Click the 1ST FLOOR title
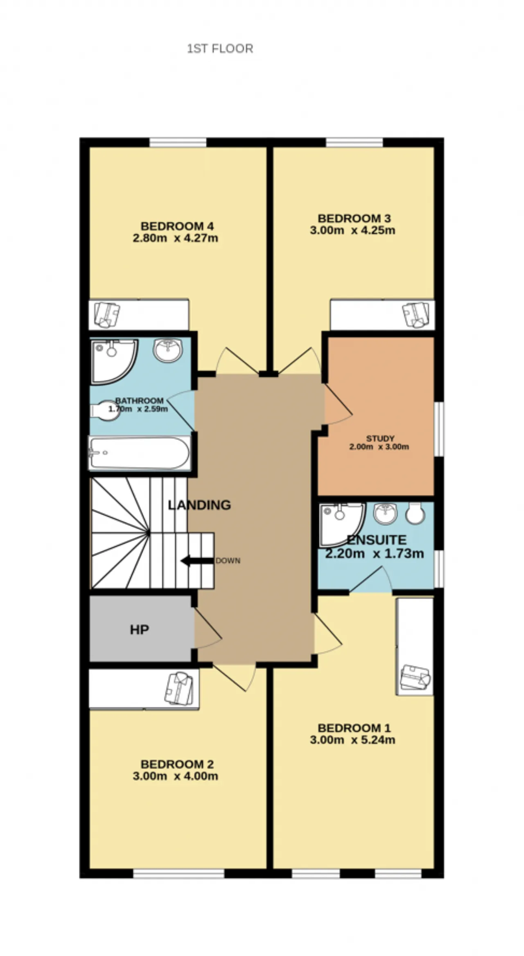click(x=220, y=49)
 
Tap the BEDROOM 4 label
click(x=177, y=226)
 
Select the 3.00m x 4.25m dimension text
click(x=352, y=230)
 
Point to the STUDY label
click(x=380, y=439)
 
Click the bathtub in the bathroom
click(x=140, y=453)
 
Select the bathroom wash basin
click(x=168, y=351)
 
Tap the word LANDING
click(x=199, y=505)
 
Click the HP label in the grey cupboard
click(x=139, y=630)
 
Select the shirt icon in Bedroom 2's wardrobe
click(x=178, y=688)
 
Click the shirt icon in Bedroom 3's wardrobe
click(x=416, y=314)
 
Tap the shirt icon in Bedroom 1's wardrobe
click(x=415, y=677)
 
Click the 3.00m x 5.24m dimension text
click(x=352, y=740)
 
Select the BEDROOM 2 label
click(x=177, y=764)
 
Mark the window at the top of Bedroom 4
click(x=178, y=142)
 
